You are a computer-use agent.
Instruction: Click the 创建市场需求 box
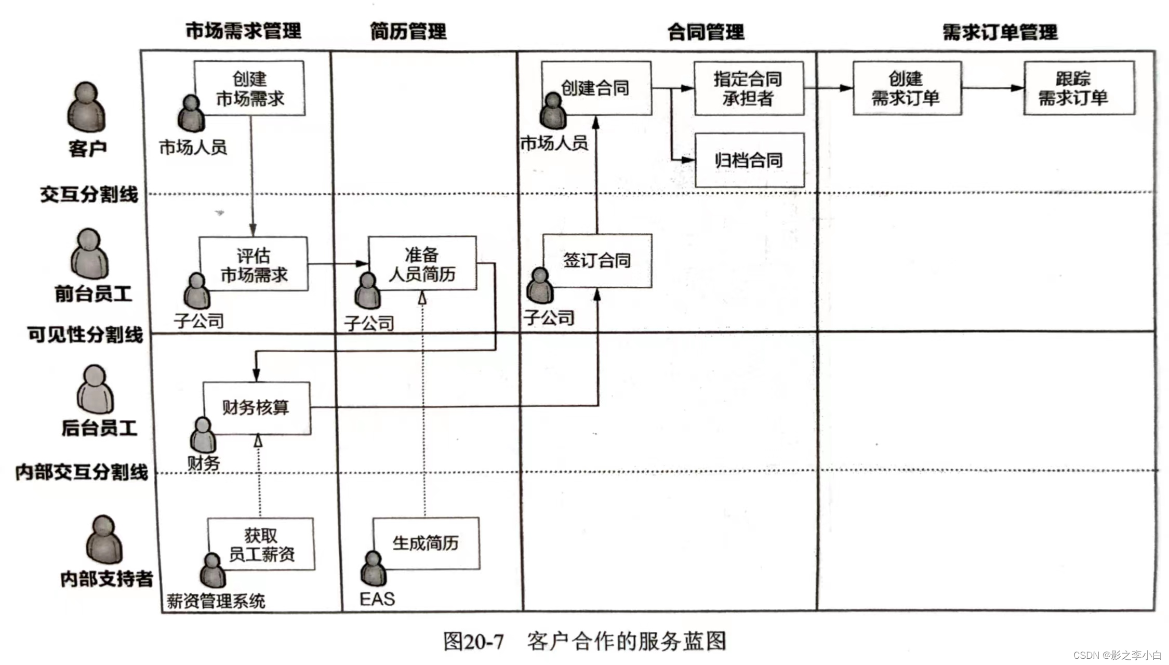[x=250, y=88]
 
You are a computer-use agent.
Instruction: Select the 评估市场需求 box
[x=254, y=264]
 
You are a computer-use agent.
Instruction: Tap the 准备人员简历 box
[x=422, y=263]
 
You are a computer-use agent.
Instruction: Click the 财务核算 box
[x=257, y=408]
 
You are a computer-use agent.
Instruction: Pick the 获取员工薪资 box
[x=261, y=544]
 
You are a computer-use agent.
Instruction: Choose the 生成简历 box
[x=426, y=543]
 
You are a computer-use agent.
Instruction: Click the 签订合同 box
[x=597, y=260]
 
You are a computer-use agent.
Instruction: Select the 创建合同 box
[x=596, y=88]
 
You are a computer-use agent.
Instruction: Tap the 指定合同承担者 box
[x=749, y=88]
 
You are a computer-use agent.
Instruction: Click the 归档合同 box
[x=749, y=160]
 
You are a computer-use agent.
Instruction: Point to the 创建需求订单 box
[x=907, y=88]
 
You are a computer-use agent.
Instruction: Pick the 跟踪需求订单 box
[x=1079, y=88]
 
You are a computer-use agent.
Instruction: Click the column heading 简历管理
[x=408, y=32]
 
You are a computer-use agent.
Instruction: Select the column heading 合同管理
[x=706, y=32]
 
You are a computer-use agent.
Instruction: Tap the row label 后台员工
[x=99, y=428]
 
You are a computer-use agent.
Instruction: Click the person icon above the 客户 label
[x=86, y=107]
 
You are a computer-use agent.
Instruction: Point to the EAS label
[x=377, y=599]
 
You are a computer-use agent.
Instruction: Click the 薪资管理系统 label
[x=216, y=601]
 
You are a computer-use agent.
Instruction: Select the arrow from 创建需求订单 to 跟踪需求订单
[x=992, y=88]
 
